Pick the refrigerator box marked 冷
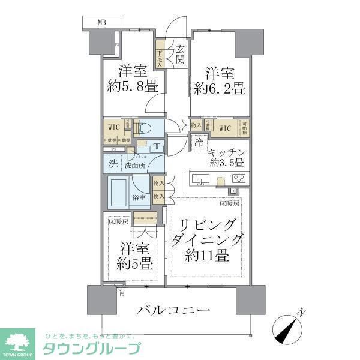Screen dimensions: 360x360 coord(199,143)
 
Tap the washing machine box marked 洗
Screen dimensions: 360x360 coord(113,163)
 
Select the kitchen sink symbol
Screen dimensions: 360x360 coord(201,178)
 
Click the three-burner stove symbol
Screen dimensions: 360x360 coord(239,178)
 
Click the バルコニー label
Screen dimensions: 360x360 coord(173,311)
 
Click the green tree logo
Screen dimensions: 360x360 coord(20,341)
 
